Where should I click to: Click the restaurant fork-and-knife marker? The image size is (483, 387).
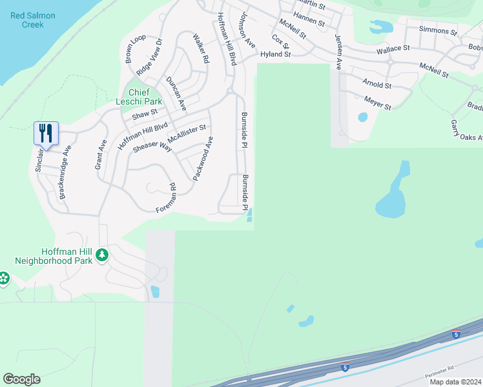pyautogui.click(x=46, y=133)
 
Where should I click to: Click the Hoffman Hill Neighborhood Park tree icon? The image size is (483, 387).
pyautogui.click(x=101, y=255)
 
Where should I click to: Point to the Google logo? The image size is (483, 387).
pyautogui.click(x=21, y=379)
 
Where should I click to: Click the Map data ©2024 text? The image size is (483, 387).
pyautogui.click(x=455, y=382)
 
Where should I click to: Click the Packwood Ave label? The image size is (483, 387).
pyautogui.click(x=203, y=158)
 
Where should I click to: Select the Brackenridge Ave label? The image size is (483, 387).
pyautogui.click(x=65, y=175)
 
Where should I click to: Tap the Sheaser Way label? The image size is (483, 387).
pyautogui.click(x=152, y=146)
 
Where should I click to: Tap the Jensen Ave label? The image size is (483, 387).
pyautogui.click(x=338, y=52)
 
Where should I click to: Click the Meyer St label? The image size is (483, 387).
pyautogui.click(x=377, y=102)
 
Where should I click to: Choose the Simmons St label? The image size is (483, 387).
pyautogui.click(x=438, y=30)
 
